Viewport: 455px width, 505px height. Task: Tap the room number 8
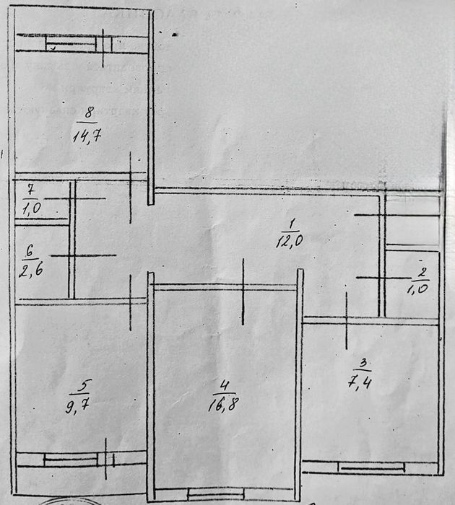88,113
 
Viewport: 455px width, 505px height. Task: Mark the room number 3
363,362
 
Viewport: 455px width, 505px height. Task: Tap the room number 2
423,273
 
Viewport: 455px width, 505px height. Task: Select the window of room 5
79,460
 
